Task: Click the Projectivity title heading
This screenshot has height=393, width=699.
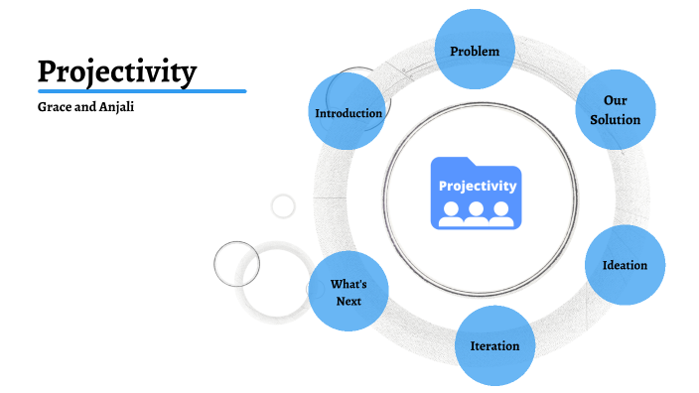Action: (x=117, y=71)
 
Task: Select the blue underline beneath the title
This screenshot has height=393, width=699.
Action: (x=141, y=91)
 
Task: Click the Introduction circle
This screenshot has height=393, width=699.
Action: (x=349, y=113)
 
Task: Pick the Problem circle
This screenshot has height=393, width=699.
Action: (x=475, y=51)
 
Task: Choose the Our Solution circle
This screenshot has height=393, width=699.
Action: (x=616, y=110)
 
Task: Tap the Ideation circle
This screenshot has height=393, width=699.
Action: (x=625, y=265)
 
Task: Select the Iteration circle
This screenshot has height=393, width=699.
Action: (x=494, y=346)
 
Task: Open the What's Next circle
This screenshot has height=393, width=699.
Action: (x=349, y=292)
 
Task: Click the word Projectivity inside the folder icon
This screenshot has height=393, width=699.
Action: (x=478, y=186)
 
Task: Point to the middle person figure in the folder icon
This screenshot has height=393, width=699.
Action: (x=477, y=212)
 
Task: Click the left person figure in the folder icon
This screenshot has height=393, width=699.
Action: (x=452, y=212)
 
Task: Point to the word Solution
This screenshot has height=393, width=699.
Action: (x=616, y=119)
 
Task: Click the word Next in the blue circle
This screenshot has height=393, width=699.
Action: (x=349, y=301)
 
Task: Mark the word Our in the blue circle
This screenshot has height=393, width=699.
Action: (x=616, y=101)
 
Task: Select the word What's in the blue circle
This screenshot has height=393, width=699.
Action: (x=349, y=284)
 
